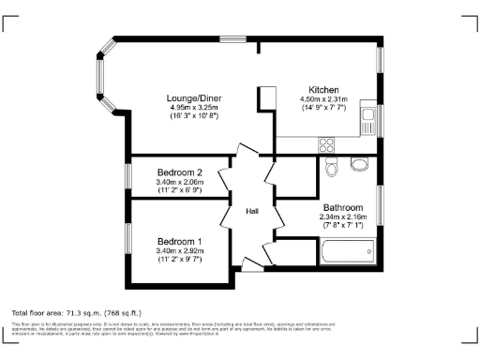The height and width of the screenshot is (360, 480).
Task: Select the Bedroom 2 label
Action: pyautogui.click(x=180, y=172)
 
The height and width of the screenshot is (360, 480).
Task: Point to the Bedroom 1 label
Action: pyautogui.click(x=180, y=241)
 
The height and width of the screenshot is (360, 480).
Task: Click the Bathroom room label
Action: pyautogui.click(x=342, y=207)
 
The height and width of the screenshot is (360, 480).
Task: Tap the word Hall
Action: pyautogui.click(x=252, y=212)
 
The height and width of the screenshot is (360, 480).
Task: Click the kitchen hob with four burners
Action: pyautogui.click(x=327, y=144)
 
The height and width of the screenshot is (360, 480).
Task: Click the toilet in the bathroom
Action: pyautogui.click(x=332, y=167)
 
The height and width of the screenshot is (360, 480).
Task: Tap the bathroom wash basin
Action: pyautogui.click(x=360, y=166)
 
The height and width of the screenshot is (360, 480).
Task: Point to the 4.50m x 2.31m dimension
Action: pyautogui.click(x=323, y=99)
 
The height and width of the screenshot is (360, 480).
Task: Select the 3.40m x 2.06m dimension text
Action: pyautogui.click(x=180, y=181)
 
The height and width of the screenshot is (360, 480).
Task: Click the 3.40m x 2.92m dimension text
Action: pyautogui.click(x=180, y=250)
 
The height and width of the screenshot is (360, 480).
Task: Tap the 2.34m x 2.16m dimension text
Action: pyautogui.click(x=342, y=217)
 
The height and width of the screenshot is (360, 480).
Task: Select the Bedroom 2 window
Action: pyautogui.click(x=131, y=176)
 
